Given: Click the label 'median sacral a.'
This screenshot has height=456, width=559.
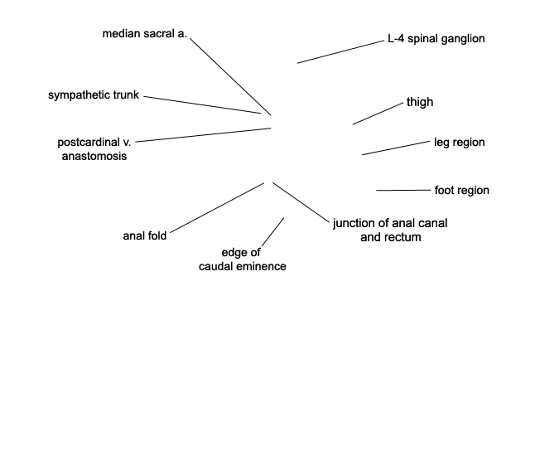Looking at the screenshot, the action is click(x=144, y=33).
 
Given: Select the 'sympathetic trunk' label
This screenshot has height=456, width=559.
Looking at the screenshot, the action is click(x=94, y=95).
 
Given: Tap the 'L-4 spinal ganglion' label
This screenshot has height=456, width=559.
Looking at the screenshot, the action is click(x=436, y=38).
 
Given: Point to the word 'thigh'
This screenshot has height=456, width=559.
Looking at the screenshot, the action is click(x=420, y=102).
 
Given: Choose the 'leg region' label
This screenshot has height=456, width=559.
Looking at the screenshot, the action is click(x=459, y=142).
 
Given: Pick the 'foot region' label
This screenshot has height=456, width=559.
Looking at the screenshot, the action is click(x=461, y=190).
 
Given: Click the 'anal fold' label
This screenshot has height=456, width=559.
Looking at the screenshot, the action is click(x=145, y=235).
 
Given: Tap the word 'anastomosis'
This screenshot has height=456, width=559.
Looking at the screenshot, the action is click(x=94, y=156).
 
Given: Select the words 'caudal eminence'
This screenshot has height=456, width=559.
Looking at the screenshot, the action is click(x=243, y=266).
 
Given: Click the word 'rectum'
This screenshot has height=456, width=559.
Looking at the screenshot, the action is click(x=403, y=237).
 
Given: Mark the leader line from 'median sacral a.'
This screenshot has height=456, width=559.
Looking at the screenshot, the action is click(x=230, y=77).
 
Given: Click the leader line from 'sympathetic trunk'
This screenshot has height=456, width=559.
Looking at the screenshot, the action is click(x=202, y=105).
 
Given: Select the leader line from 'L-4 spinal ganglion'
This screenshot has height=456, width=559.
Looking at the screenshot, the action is click(x=340, y=52).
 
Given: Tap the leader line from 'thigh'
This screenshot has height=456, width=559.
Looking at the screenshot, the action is click(x=378, y=114).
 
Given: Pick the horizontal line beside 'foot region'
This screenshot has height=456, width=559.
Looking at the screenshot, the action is click(x=403, y=190).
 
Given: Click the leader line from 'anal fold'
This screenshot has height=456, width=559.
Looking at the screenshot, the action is click(x=217, y=208).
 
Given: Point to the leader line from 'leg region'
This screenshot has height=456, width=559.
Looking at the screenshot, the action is click(x=396, y=148).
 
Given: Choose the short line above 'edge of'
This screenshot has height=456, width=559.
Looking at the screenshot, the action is click(x=272, y=232).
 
